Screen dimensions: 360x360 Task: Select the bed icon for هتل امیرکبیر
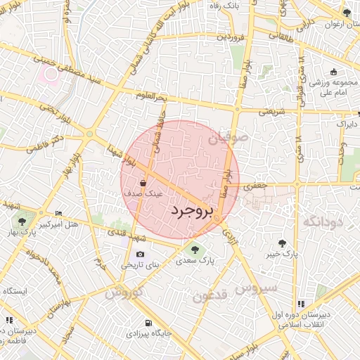(58, 213)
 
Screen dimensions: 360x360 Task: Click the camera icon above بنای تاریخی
(140, 255)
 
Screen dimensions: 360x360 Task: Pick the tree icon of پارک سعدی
(194, 248)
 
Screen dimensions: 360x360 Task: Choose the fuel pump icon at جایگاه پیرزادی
(147, 324)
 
